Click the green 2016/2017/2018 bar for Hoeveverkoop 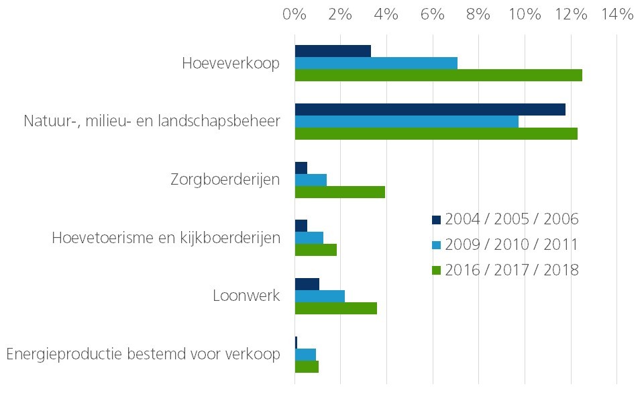438,75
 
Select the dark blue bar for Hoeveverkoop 333,51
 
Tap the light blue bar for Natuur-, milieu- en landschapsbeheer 407,122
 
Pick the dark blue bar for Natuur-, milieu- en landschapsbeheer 430,109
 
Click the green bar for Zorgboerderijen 340,192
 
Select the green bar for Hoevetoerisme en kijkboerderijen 316,250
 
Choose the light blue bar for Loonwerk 320,296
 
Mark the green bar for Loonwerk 336,308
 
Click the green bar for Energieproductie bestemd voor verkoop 307,367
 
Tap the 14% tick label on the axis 616,14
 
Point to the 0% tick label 294,14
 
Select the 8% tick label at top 478,14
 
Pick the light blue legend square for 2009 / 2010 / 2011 437,245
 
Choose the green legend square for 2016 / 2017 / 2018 437,271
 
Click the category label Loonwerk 246,296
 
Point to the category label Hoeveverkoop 231,63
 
